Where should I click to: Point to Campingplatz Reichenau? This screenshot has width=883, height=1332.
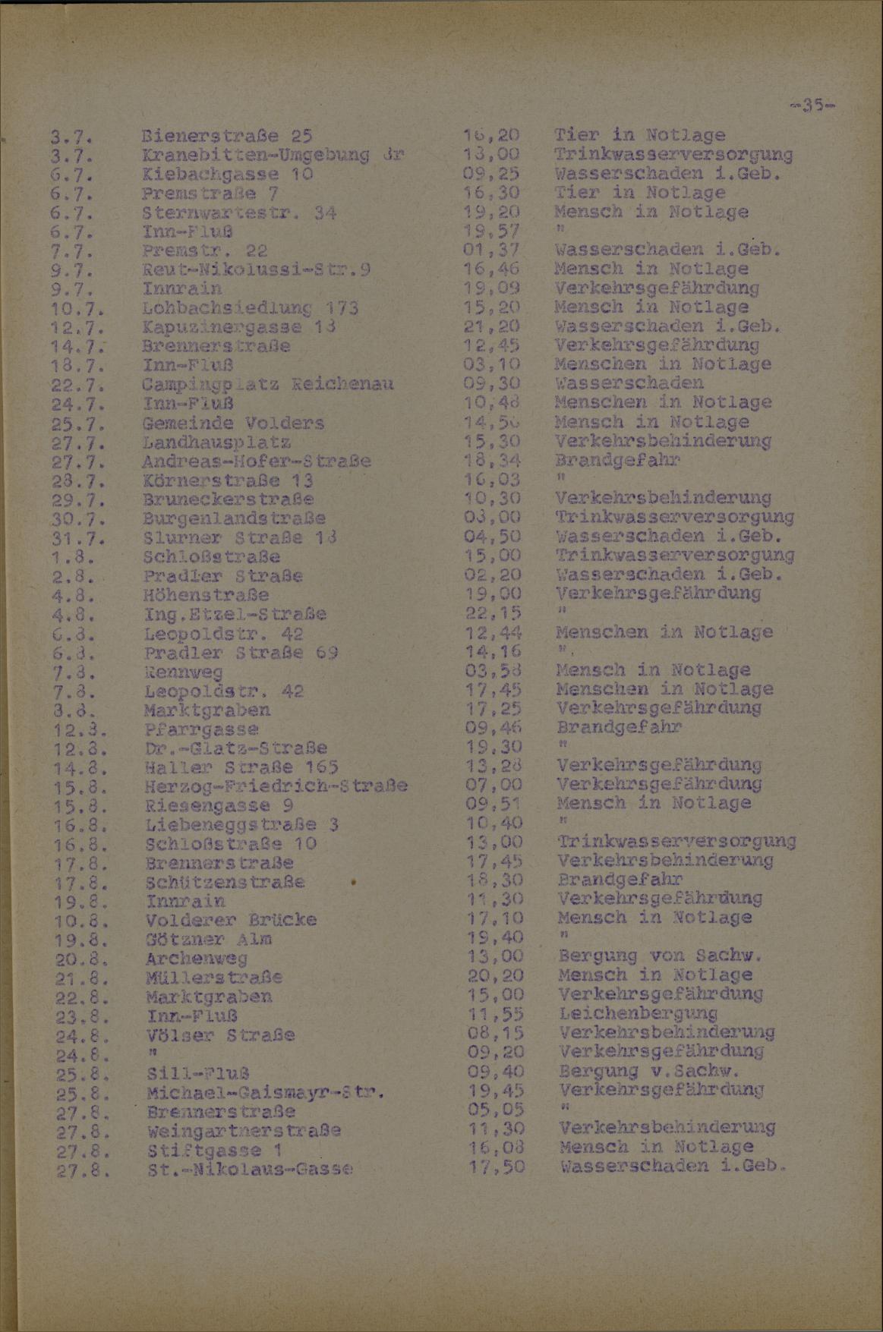(x=267, y=384)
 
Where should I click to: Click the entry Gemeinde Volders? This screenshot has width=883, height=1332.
(x=232, y=423)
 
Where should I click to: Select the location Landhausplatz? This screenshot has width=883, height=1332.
(x=216, y=442)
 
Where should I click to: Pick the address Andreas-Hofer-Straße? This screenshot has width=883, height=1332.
(x=256, y=461)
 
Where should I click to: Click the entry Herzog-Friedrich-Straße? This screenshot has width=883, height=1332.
(x=276, y=786)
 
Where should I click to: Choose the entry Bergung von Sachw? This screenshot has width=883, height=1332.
(x=659, y=956)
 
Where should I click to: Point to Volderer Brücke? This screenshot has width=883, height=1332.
(x=231, y=921)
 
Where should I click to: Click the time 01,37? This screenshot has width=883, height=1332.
(x=491, y=250)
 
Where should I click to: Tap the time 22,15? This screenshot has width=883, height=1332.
(x=492, y=613)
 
